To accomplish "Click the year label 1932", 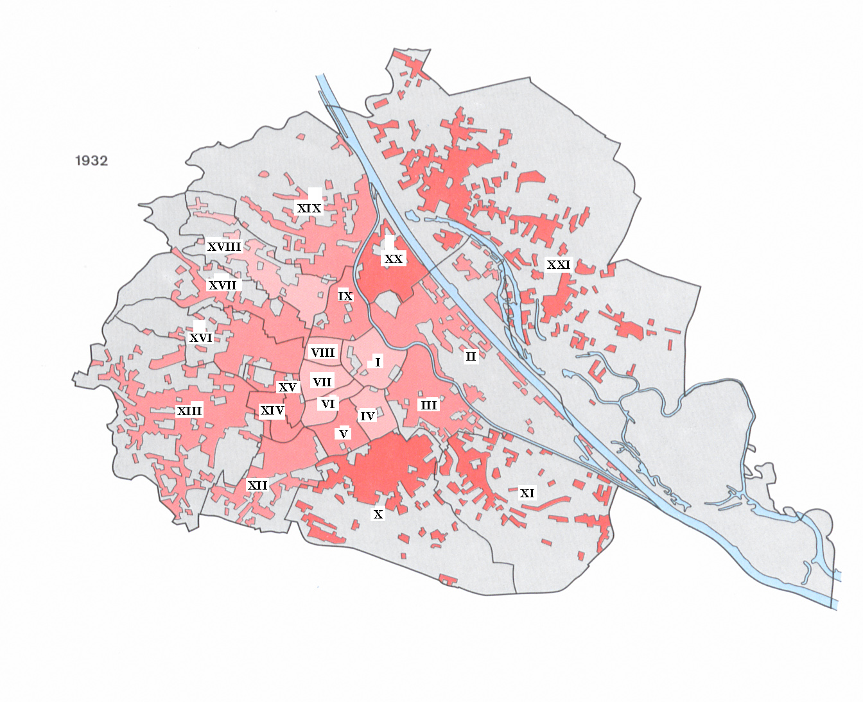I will [91, 160].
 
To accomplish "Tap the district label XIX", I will [309, 208].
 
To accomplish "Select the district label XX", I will [393, 259].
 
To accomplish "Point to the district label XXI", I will [558, 264].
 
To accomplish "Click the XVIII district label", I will [224, 246].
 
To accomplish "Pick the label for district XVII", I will [222, 285].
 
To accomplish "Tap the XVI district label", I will [201, 338].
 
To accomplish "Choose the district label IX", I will [345, 296].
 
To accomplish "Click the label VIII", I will [322, 352].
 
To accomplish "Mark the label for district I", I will [378, 363].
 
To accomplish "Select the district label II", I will [471, 356].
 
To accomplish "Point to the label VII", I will [322, 382].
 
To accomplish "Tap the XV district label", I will [287, 387].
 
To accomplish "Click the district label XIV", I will [272, 410].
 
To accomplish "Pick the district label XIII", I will [189, 411].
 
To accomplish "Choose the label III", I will [428, 405].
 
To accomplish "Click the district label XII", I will [257, 485].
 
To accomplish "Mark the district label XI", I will [527, 493].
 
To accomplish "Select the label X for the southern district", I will [378, 514].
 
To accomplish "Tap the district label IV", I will [367, 416].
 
